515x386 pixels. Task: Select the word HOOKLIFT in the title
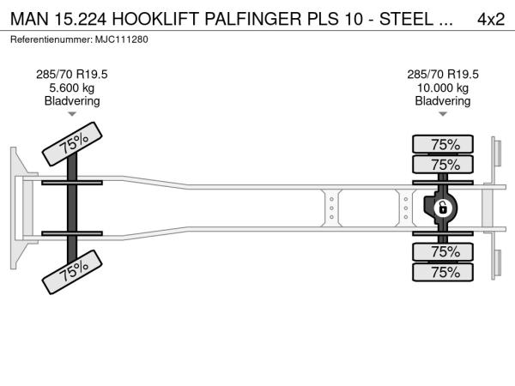click(x=168, y=20)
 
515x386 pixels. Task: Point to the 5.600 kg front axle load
click(x=72, y=87)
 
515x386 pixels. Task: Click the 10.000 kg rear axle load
click(x=443, y=87)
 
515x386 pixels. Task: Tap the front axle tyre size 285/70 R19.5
click(x=72, y=75)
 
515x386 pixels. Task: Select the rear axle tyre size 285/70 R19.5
click(x=443, y=75)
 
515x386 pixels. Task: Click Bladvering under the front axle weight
click(x=72, y=101)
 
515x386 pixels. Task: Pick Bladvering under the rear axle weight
click(x=443, y=101)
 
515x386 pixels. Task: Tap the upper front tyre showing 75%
click(x=74, y=145)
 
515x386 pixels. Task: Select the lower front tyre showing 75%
click(x=74, y=271)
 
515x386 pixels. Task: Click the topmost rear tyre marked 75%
click(x=444, y=144)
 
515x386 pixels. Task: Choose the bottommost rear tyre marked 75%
click(x=444, y=273)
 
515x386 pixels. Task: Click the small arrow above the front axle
click(x=72, y=114)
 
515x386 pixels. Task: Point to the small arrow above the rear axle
click(x=443, y=114)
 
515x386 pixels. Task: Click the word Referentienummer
click(x=49, y=39)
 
